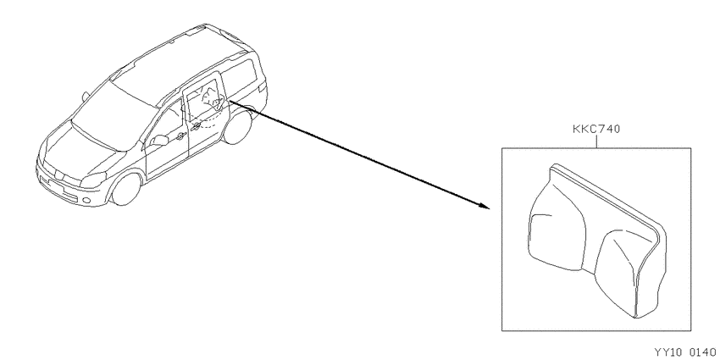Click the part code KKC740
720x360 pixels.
[596, 129]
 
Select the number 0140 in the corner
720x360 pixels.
[702, 352]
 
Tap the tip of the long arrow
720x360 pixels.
[490, 208]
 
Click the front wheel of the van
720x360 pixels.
[125, 189]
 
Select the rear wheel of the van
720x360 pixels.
[238, 126]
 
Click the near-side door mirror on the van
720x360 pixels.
[159, 140]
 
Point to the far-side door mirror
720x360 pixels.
[86, 96]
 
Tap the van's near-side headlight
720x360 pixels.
[93, 180]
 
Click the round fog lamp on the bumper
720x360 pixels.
[86, 200]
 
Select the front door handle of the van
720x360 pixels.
[180, 136]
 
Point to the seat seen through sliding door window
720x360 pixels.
[210, 101]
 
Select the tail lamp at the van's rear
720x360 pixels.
[263, 86]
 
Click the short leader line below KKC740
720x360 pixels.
[596, 141]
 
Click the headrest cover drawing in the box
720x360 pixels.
[597, 241]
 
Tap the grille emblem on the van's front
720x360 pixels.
[58, 174]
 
